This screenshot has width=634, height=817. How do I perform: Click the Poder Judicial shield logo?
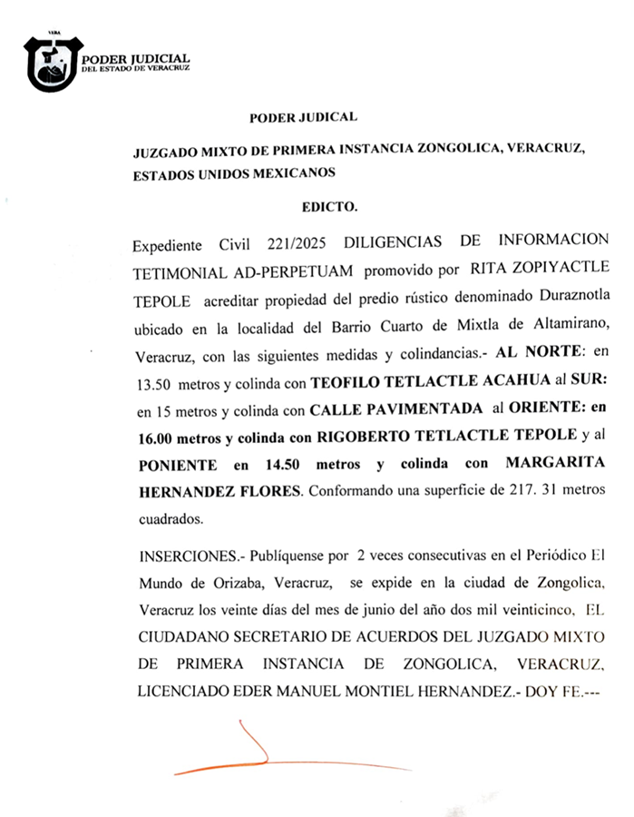54,64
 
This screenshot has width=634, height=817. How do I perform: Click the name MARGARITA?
556,464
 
